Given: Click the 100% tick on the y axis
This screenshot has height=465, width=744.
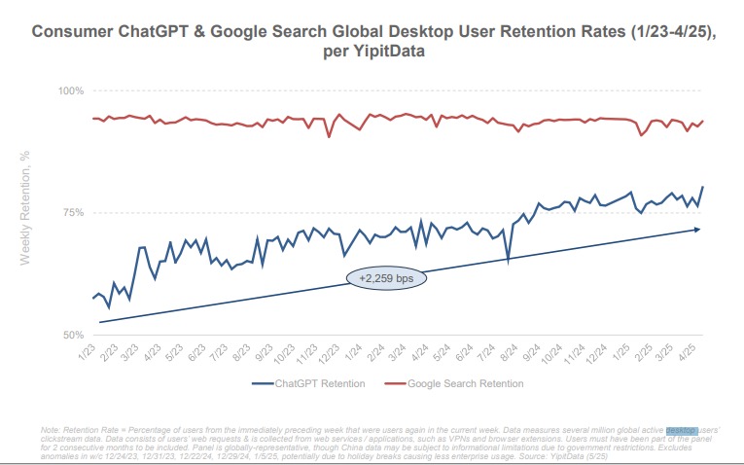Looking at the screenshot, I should pyautogui.click(x=73, y=90).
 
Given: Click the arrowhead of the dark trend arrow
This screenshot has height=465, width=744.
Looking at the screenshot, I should pyautogui.click(x=696, y=230).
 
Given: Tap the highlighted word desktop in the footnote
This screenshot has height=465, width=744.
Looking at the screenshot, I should pyautogui.click(x=683, y=430).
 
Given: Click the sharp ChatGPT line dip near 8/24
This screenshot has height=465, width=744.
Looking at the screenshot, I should pyautogui.click(x=508, y=261).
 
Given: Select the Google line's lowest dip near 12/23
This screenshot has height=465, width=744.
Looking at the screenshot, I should pyautogui.click(x=330, y=137).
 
